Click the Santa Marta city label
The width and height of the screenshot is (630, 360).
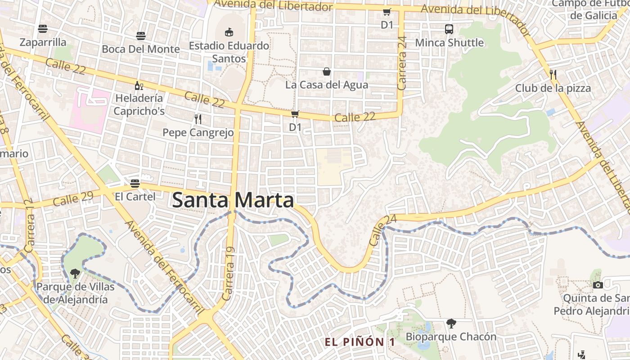(233, 200)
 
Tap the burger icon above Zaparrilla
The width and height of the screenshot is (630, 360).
(43, 29)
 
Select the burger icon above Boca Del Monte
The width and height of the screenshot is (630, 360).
(141, 36)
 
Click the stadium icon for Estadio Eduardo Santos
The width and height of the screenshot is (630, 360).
(229, 32)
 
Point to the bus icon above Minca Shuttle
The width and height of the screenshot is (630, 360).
(449, 29)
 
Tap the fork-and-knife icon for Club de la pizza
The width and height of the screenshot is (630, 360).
(553, 74)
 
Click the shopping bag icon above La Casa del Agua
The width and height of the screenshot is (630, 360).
(327, 72)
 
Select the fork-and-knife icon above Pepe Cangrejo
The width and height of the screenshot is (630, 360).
(198, 119)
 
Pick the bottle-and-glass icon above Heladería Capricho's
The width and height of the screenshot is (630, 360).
(139, 85)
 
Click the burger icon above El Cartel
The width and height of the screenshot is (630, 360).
(135, 183)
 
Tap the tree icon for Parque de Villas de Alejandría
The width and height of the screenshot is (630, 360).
(75, 273)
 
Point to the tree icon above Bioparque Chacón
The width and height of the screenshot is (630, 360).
(451, 323)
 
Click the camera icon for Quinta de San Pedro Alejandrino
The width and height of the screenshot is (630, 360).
(598, 285)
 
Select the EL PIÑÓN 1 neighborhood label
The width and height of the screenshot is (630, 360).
(360, 342)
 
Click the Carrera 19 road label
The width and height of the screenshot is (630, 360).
(229, 274)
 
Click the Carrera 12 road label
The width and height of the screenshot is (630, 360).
(30, 226)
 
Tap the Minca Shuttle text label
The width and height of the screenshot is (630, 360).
(449, 43)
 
